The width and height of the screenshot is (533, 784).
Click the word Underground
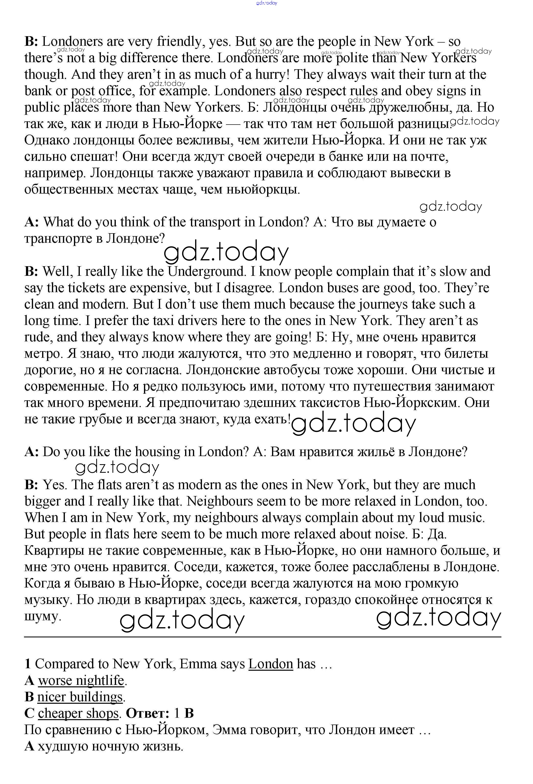[x=206, y=272]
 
